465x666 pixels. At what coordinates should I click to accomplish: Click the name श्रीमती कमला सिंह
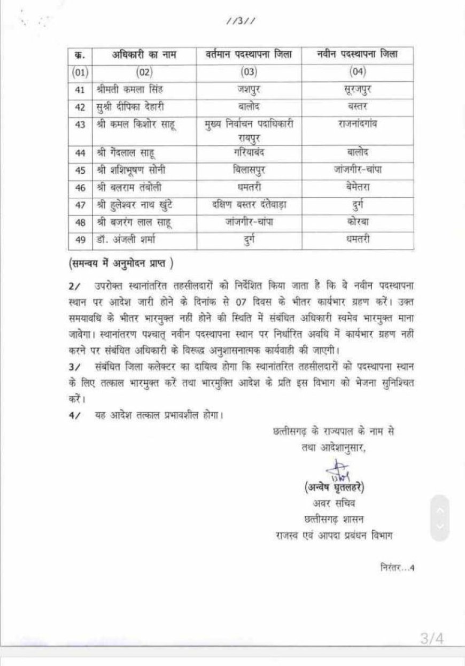[x=128, y=90]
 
